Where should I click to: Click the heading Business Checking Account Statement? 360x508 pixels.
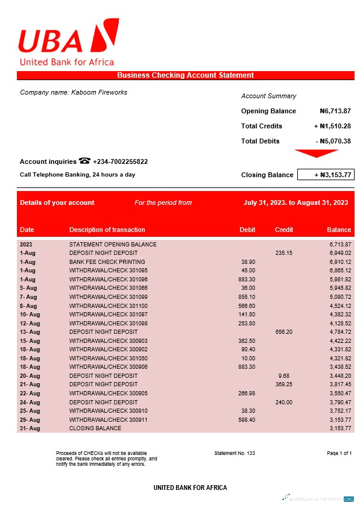[x=185, y=75]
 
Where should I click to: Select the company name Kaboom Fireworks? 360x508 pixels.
[x=74, y=92]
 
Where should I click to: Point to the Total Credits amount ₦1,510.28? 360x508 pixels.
[x=332, y=126]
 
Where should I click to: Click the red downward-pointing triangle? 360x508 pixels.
[x=316, y=154]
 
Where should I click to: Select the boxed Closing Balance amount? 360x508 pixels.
[x=325, y=175]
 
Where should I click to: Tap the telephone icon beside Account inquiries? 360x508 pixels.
[x=84, y=161]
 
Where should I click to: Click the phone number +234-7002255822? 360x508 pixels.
[x=120, y=161]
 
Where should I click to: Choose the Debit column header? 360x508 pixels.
[x=247, y=230]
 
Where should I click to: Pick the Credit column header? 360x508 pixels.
[x=284, y=230]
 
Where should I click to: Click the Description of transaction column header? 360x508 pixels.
[x=107, y=230]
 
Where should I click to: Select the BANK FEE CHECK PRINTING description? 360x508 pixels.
[x=107, y=262]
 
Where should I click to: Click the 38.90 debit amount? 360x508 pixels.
[x=247, y=262]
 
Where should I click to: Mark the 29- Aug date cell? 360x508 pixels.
[x=30, y=419]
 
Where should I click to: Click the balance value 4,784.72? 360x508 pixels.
[x=339, y=332]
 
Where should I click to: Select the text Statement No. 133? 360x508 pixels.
[x=235, y=453]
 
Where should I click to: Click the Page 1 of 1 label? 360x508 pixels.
[x=339, y=453]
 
